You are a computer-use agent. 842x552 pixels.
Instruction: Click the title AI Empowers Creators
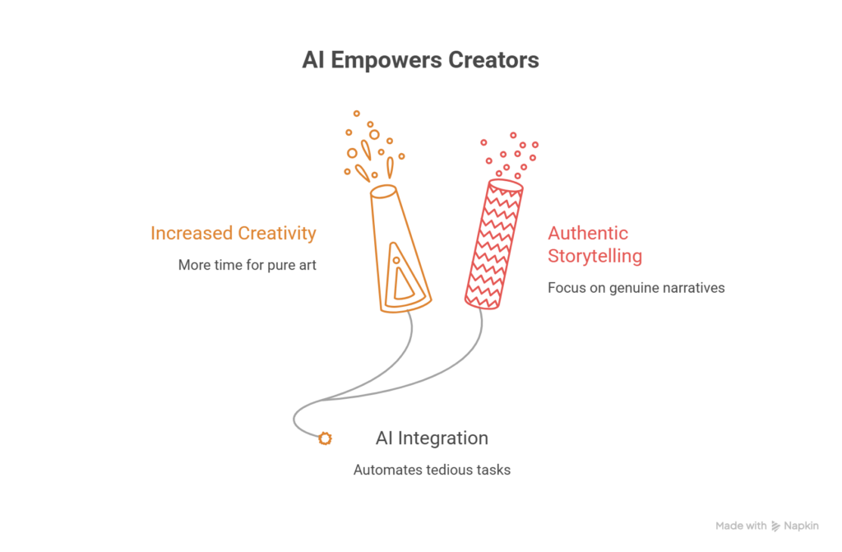420,60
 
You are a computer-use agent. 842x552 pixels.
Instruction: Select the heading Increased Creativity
233,234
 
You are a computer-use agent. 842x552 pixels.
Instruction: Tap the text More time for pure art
247,265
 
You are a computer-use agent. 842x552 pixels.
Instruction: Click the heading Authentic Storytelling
595,244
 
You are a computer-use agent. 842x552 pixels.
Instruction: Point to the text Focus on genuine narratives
636,288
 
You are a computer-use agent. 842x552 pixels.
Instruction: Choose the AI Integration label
432,438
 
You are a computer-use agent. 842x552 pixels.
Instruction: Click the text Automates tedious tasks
432,470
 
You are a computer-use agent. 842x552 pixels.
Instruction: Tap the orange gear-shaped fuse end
325,438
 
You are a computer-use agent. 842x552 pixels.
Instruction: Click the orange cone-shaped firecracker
400,249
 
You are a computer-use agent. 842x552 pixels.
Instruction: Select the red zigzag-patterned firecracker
494,244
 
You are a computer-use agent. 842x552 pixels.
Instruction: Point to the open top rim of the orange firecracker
383,192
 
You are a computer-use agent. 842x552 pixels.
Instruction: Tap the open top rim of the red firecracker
506,185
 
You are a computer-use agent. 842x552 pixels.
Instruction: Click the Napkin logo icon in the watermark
775,526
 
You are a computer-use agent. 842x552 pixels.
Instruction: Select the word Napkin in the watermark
801,526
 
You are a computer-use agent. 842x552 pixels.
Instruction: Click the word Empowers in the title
386,60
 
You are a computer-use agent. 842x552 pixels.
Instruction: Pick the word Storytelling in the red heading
595,256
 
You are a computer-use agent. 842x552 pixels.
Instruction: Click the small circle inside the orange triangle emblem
396,261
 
